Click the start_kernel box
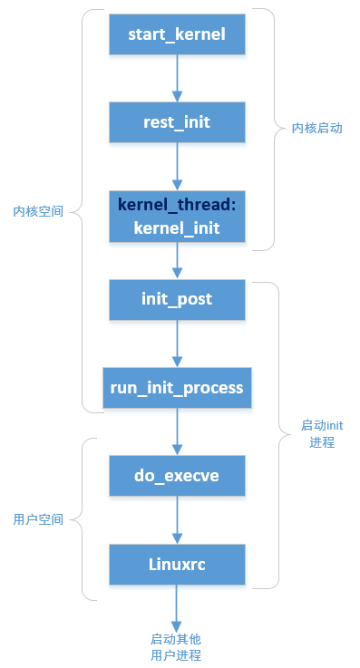tap(177, 35)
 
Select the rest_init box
tap(177, 121)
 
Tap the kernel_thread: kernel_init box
tap(177, 217)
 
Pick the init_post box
tap(177, 299)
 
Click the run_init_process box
tap(177, 388)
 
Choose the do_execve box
tap(177, 475)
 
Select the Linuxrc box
tap(177, 564)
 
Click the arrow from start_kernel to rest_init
tap(177, 79)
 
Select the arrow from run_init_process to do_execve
tap(177, 431)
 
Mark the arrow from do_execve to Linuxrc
tap(177, 519)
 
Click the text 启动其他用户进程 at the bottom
tap(176, 646)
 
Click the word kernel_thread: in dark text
tap(177, 206)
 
